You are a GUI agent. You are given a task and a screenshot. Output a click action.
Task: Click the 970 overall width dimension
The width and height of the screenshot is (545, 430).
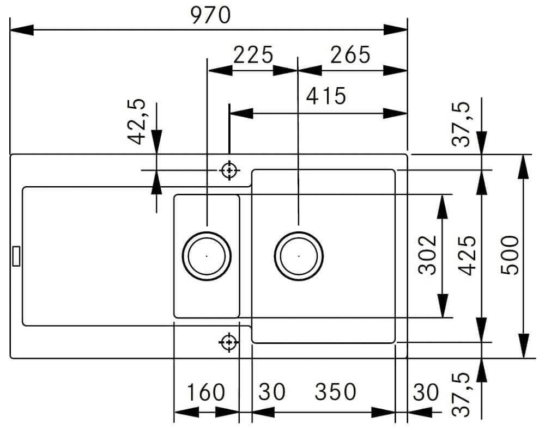pyautogui.click(x=210, y=15)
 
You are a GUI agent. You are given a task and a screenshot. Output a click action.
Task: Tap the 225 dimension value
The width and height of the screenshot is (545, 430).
pyautogui.click(x=253, y=55)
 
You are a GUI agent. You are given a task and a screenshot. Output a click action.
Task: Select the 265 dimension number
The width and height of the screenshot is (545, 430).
pyautogui.click(x=350, y=55)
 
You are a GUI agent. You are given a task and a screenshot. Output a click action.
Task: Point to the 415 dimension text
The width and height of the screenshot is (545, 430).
pyautogui.click(x=326, y=96)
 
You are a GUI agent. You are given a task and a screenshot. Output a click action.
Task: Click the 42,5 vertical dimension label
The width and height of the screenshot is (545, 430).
pyautogui.click(x=137, y=121)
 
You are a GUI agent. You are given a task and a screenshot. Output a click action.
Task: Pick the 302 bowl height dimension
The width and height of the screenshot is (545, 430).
pyautogui.click(x=427, y=255)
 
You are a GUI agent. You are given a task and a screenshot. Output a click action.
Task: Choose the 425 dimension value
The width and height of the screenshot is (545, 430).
pyautogui.click(x=467, y=255)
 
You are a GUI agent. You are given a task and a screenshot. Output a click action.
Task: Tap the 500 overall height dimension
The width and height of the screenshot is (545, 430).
pyautogui.click(x=510, y=255)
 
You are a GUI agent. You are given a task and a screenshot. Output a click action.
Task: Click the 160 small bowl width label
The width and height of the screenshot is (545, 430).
pyautogui.click(x=206, y=392)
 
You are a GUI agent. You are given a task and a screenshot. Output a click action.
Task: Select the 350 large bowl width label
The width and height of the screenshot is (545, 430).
pyautogui.click(x=335, y=392)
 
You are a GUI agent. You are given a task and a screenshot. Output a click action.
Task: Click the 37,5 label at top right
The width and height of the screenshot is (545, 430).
pyautogui.click(x=461, y=124)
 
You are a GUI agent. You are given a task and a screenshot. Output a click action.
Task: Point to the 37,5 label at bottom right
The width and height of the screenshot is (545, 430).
pyautogui.click(x=461, y=395)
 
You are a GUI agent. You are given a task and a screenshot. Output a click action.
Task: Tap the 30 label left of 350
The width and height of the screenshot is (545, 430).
pyautogui.click(x=272, y=392)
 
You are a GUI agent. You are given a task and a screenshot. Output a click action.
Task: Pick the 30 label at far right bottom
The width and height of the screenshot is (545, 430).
pyautogui.click(x=426, y=392)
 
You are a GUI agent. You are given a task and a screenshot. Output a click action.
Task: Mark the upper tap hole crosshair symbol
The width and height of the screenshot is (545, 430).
pyautogui.click(x=229, y=170)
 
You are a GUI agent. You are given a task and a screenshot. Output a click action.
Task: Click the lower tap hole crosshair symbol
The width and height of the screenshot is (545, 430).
pyautogui.click(x=229, y=342)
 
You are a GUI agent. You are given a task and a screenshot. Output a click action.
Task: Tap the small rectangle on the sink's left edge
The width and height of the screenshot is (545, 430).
pyautogui.click(x=16, y=256)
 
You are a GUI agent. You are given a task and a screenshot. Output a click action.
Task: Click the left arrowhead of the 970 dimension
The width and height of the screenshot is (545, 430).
pyautogui.click(x=22, y=30)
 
